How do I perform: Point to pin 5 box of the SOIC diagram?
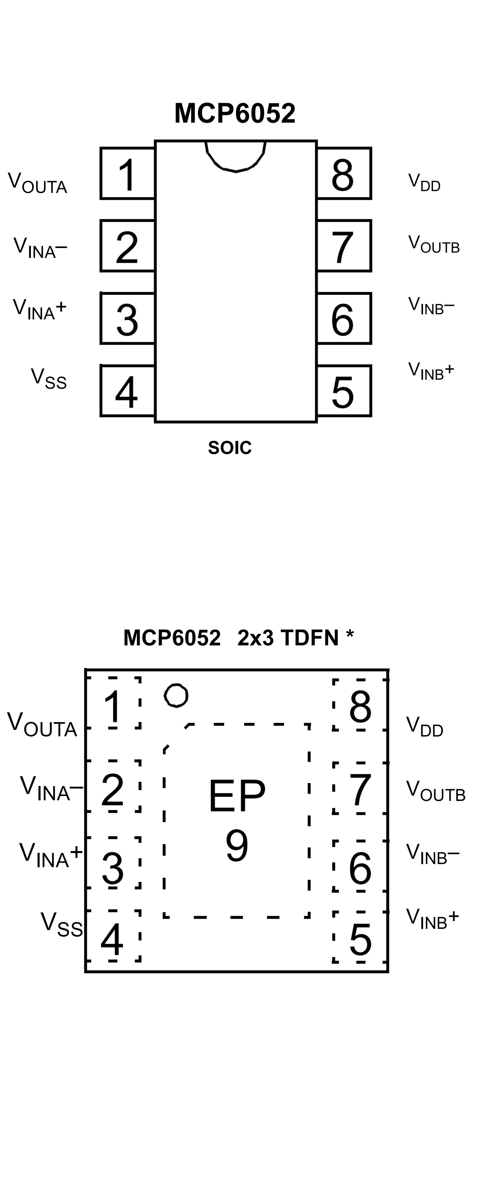point(344,391)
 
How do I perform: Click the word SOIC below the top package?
point(230,448)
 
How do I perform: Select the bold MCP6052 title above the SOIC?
point(235,113)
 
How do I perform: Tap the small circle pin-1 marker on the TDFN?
point(176,695)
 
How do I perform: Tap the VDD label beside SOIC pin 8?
point(424,182)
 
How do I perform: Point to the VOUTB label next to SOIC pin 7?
point(433,244)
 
